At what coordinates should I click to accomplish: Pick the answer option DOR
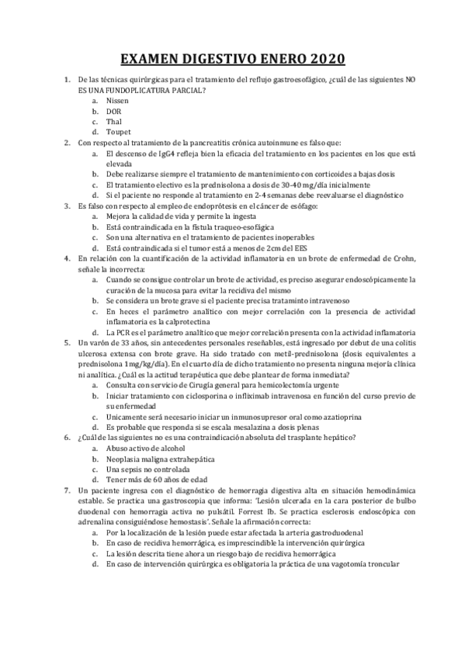click(x=114, y=112)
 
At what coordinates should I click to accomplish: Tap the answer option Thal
click(x=114, y=122)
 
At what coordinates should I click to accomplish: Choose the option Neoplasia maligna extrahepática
click(x=160, y=459)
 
